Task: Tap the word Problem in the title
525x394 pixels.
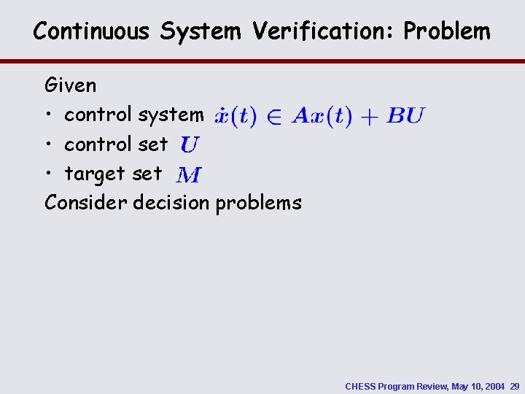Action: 447,31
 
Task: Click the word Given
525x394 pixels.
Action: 71,86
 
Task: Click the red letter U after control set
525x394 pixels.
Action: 188,145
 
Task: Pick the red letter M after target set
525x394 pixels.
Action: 189,175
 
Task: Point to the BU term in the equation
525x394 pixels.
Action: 405,115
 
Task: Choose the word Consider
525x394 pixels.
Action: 86,203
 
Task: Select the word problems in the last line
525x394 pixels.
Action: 258,203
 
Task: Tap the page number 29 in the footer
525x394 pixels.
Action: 515,386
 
